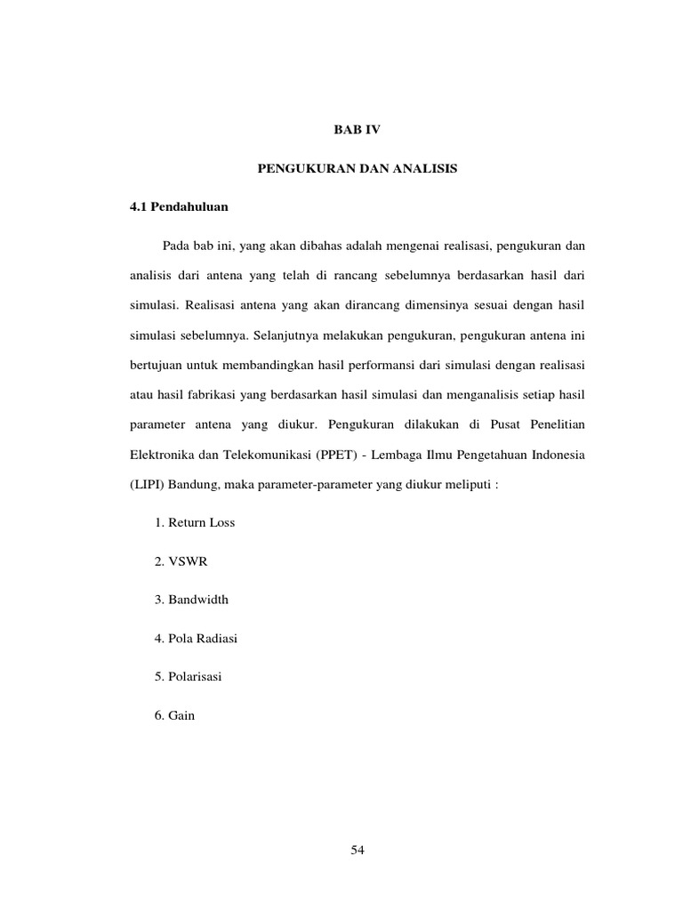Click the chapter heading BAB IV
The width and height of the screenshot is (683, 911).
[x=357, y=130]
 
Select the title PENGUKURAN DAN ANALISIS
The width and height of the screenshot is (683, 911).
[x=357, y=168]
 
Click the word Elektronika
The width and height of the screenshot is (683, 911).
[x=161, y=455]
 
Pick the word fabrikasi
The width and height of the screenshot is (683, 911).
[x=204, y=396]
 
